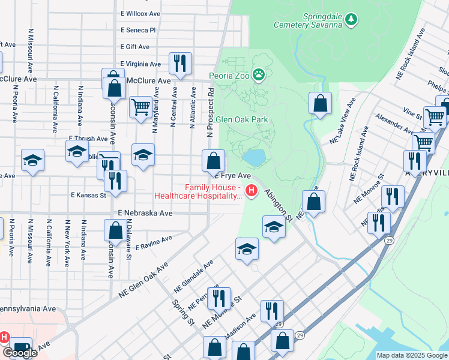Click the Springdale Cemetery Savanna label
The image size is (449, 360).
click(x=306, y=20)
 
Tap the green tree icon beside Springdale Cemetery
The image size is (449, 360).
click(x=351, y=20)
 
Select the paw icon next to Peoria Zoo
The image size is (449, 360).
click(x=259, y=75)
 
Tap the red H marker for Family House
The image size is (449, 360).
click(x=252, y=191)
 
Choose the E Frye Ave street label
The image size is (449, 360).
click(x=232, y=176)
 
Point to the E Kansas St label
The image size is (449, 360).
click(x=88, y=195)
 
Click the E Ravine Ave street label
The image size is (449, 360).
click(x=154, y=242)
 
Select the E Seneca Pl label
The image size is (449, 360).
click(x=137, y=29)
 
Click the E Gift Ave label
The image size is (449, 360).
click(x=134, y=46)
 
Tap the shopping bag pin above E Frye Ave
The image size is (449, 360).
click(x=213, y=160)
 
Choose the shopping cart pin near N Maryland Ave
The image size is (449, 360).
click(x=140, y=107)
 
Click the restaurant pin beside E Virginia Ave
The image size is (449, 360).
click(x=179, y=62)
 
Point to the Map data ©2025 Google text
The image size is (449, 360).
click(x=411, y=355)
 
